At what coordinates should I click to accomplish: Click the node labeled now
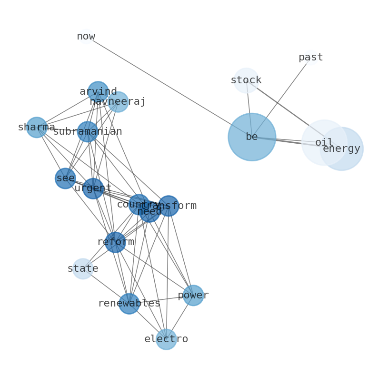(86, 36)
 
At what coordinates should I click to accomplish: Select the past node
(311, 58)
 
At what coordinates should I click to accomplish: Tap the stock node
(246, 80)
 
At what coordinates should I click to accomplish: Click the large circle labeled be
(252, 137)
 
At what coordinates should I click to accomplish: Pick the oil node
(324, 142)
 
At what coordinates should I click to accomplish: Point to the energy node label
(342, 149)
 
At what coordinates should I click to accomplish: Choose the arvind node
(98, 91)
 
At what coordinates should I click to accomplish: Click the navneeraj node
(118, 102)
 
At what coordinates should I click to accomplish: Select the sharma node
(37, 128)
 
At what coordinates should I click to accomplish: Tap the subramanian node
(88, 132)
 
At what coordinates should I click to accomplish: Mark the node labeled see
(65, 178)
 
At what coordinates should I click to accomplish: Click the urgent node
(93, 188)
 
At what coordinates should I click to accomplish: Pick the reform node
(115, 242)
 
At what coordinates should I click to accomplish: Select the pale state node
(83, 269)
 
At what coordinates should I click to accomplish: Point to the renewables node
(129, 304)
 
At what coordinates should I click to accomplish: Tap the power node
(193, 296)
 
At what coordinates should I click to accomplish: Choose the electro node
(166, 339)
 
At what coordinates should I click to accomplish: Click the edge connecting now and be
(167, 86)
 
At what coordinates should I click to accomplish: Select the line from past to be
(281, 97)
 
